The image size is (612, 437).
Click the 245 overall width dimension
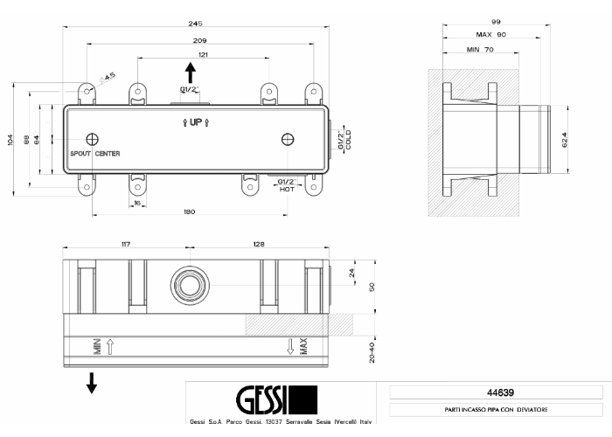tap(195, 24)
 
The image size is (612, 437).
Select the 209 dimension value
tap(199, 40)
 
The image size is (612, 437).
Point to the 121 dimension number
tap(203, 54)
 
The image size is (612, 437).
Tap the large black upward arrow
tap(191, 73)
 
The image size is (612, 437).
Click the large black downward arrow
tap(92, 383)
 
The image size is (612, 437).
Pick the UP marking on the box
tap(196, 122)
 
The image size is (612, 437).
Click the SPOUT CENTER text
tap(94, 154)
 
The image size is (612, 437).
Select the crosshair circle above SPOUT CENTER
tap(92, 139)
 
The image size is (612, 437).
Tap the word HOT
tap(287, 190)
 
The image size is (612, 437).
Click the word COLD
tap(348, 140)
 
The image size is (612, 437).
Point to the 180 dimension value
tap(190, 212)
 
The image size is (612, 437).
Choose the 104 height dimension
tap(10, 140)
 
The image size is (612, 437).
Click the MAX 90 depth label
tap(491, 34)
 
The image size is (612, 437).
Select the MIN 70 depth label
tap(480, 50)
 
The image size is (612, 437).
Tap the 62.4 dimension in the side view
tap(565, 140)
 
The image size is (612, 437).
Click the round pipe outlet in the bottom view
tap(190, 286)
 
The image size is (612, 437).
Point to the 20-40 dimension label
tap(372, 352)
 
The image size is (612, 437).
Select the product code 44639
tap(500, 392)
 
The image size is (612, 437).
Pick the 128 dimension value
tap(259, 244)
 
